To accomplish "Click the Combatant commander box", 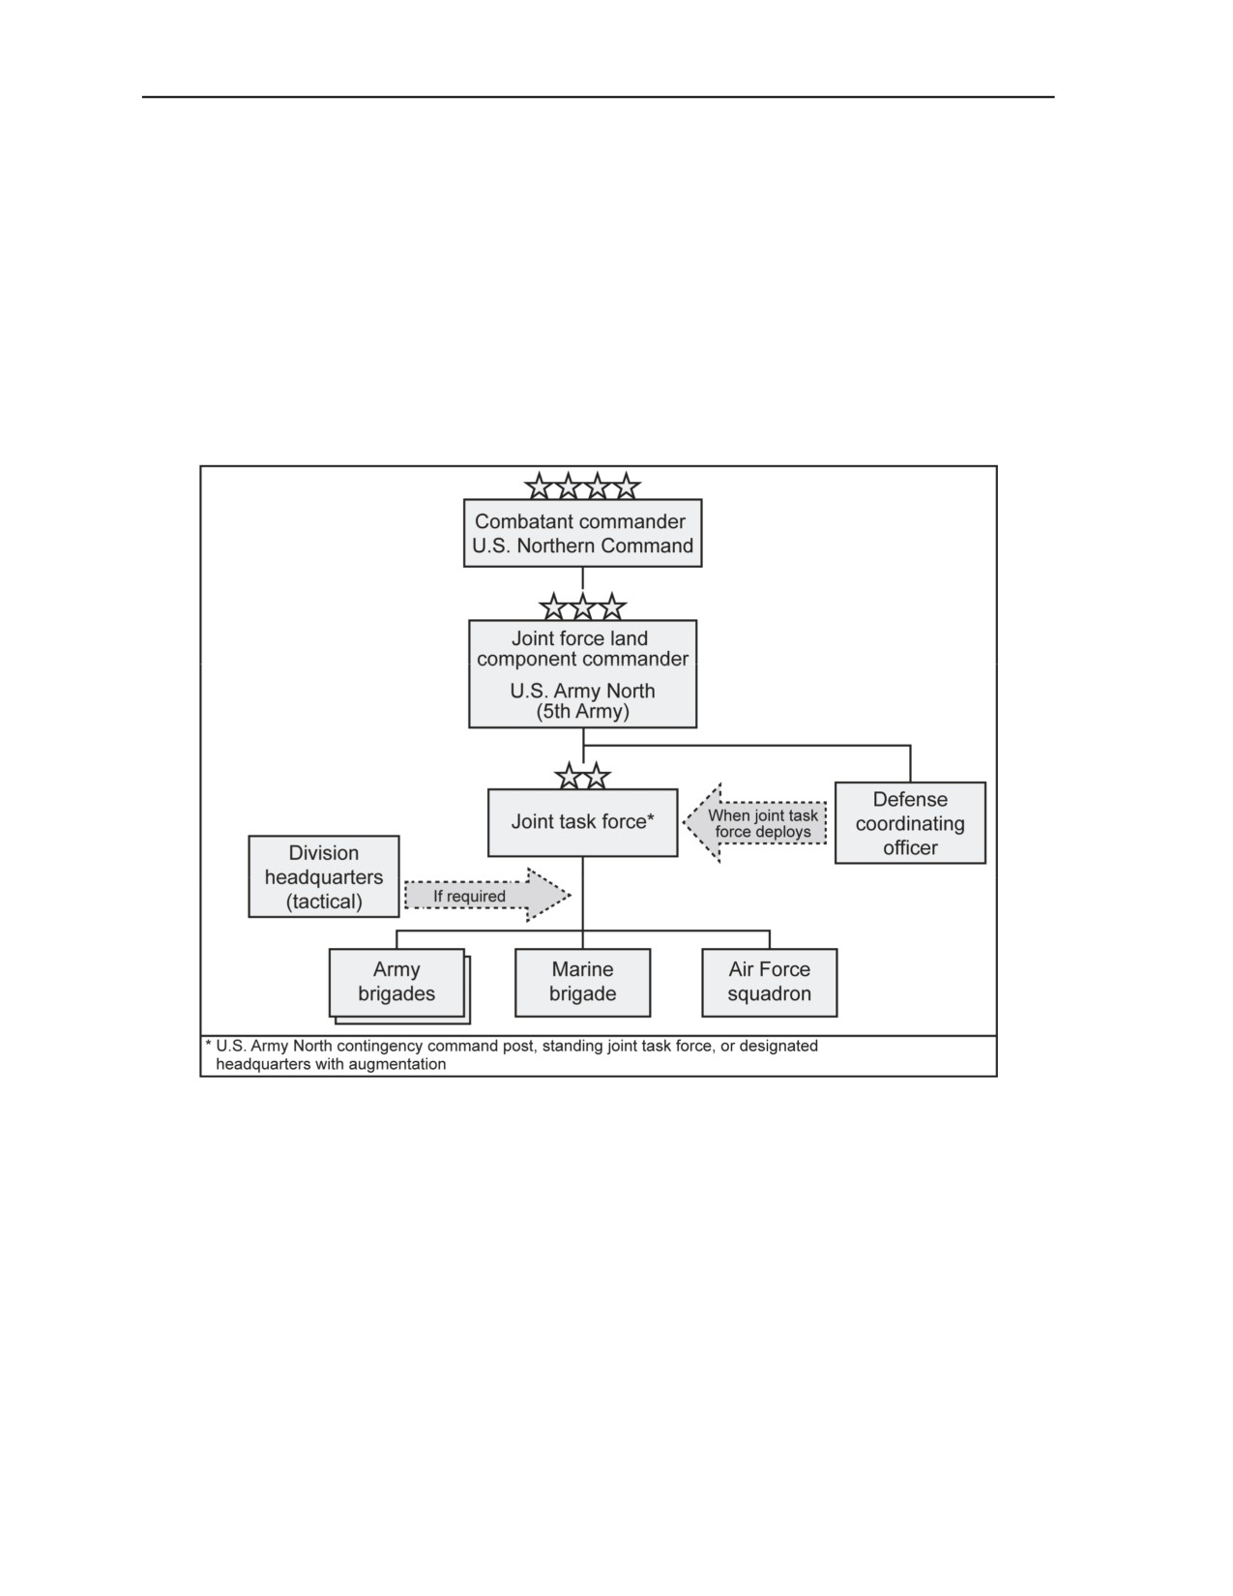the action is pos(582,533).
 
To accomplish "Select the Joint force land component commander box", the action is pos(582,674).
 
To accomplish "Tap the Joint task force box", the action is pos(582,822).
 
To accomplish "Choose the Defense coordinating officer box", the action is pos(910,822).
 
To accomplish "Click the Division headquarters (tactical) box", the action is pos(324,876).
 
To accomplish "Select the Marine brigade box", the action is pos(582,983).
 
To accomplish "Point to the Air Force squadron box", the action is pos(769,983).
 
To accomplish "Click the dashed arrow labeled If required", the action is pos(487,895).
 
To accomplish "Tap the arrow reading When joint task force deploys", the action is pos(754,822).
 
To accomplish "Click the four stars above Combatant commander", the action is pos(582,487).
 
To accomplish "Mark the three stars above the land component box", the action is pos(582,607).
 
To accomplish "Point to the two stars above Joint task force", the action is pos(582,776).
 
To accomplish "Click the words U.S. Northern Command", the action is pos(582,546).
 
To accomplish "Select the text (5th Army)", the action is pos(582,711).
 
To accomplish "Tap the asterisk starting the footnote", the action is pos(209,1045).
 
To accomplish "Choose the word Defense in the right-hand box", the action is pos(910,799).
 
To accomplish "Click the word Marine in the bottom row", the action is pos(582,969).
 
